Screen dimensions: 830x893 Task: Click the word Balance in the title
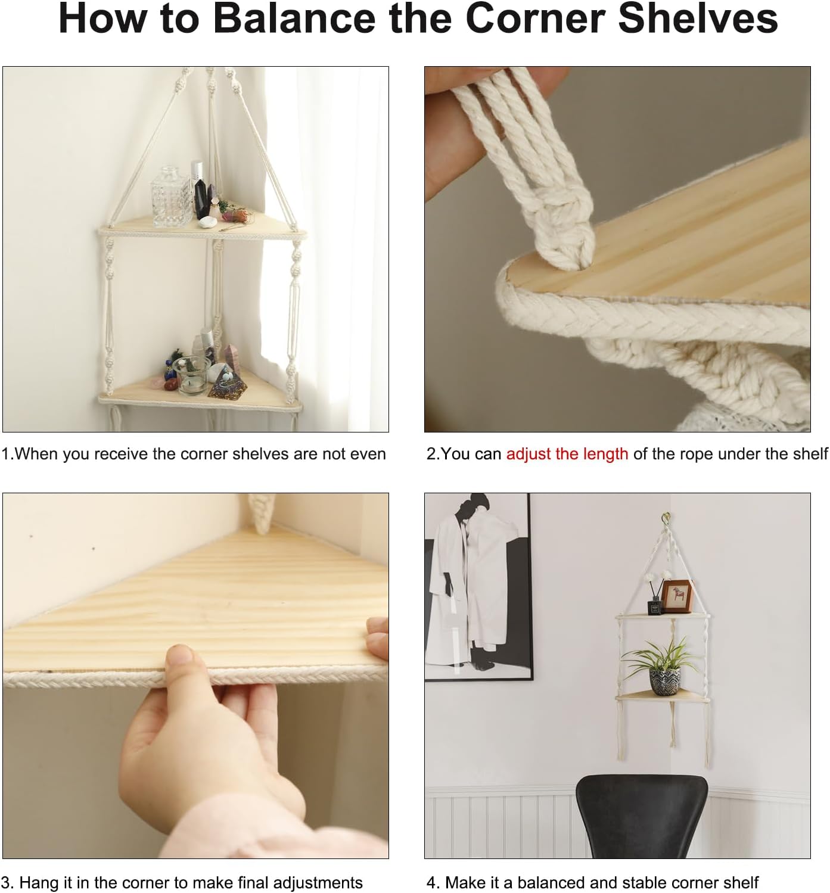(x=294, y=19)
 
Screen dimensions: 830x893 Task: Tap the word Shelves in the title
(x=698, y=19)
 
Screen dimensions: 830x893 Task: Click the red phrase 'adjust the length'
(x=567, y=454)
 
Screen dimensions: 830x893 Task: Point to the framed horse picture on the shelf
(x=677, y=597)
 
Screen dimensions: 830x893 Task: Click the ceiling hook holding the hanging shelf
(x=666, y=519)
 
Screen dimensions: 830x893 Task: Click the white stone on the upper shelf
(x=207, y=222)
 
